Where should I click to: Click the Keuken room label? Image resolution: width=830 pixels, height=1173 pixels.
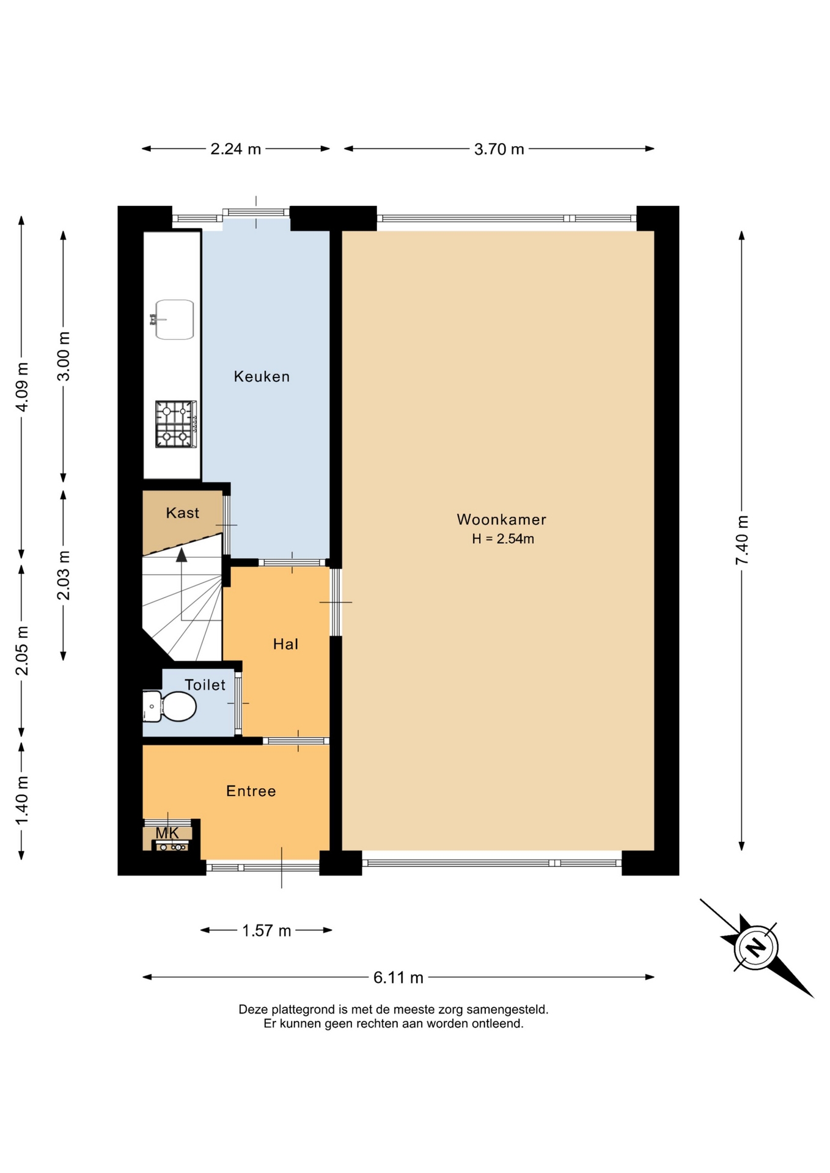click(262, 376)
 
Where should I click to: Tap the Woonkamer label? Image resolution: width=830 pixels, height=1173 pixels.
click(501, 519)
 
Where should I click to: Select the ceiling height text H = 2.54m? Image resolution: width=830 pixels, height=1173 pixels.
click(503, 539)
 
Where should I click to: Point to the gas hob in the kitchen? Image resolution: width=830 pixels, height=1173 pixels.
click(176, 424)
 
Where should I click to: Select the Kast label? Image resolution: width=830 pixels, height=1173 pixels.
click(182, 513)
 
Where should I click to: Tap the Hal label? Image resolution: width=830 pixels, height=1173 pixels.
click(285, 644)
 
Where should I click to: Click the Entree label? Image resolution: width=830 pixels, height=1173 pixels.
click(251, 791)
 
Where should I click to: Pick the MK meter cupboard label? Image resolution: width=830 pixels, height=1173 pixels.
click(167, 833)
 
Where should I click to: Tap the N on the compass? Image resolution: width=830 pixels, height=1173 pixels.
click(757, 948)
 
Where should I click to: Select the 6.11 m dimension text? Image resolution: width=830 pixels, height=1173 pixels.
click(398, 978)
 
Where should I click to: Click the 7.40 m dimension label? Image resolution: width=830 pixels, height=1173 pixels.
click(742, 541)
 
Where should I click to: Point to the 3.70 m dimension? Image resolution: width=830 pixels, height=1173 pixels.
click(499, 149)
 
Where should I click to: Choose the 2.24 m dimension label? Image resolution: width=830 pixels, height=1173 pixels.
click(235, 149)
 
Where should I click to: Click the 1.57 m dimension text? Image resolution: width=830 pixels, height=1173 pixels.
click(266, 930)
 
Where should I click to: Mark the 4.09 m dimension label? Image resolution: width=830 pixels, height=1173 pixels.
click(22, 387)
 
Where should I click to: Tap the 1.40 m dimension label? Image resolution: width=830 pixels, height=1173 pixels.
click(22, 800)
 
